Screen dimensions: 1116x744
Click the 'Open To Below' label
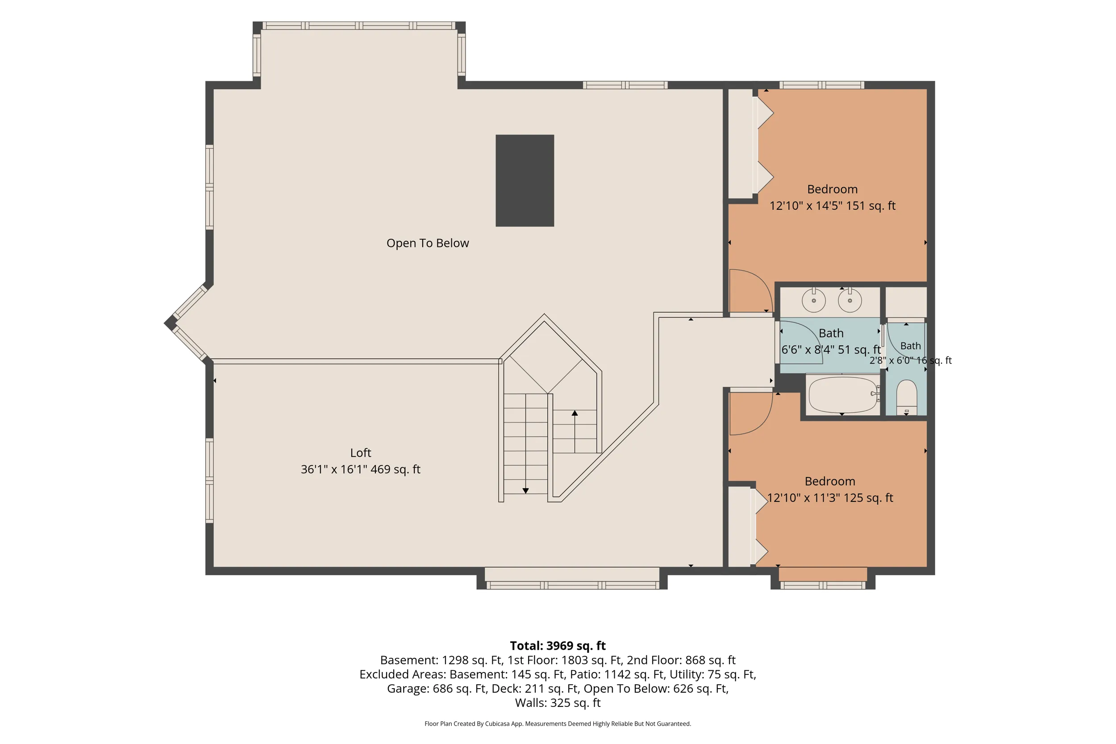click(x=427, y=243)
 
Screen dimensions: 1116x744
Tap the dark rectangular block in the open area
click(x=525, y=180)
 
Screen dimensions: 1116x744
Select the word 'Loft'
click(x=360, y=453)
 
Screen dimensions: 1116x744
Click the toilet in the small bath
click(x=906, y=397)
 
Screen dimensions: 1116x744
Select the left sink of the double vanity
click(x=813, y=301)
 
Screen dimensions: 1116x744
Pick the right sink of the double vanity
click(x=849, y=301)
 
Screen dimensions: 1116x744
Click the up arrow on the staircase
click(x=575, y=431)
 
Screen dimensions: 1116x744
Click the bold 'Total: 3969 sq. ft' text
click(x=558, y=646)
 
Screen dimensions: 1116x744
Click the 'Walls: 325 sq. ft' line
click(x=558, y=703)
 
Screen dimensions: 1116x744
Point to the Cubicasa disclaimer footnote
click(x=558, y=723)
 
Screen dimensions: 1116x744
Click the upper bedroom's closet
click(x=741, y=144)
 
